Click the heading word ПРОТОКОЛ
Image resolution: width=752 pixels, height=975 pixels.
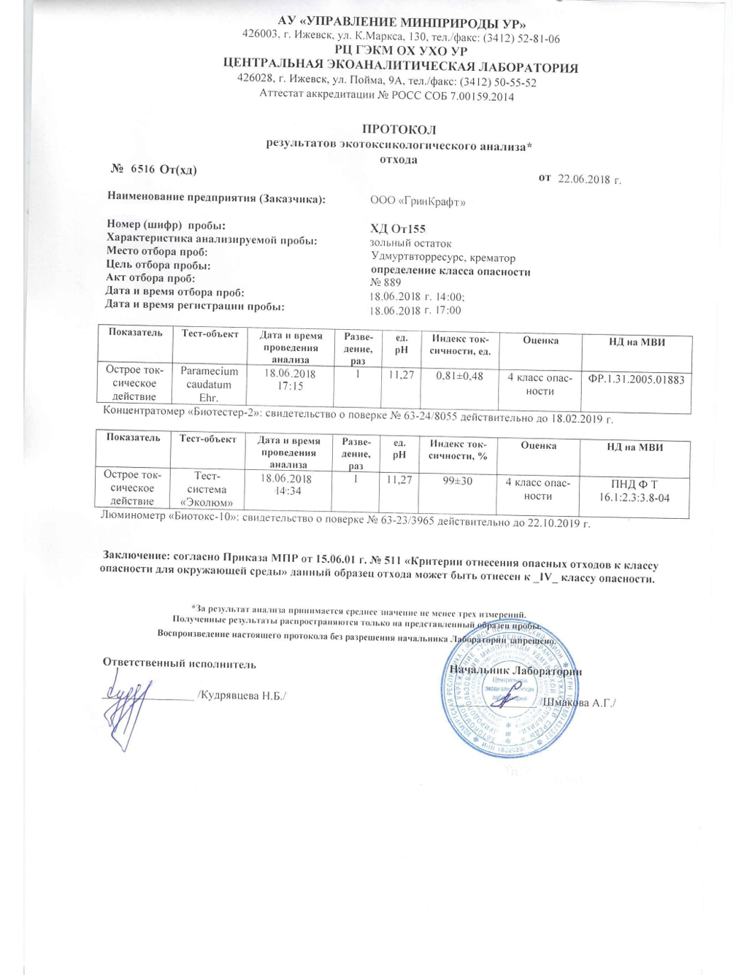tap(399, 130)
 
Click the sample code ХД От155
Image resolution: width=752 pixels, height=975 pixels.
tap(398, 228)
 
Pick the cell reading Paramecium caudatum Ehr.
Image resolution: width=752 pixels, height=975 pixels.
tap(209, 384)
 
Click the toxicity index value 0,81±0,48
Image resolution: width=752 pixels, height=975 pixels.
tap(459, 376)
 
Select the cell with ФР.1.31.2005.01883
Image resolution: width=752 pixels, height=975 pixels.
tap(636, 379)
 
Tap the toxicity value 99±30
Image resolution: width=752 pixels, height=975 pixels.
tap(458, 481)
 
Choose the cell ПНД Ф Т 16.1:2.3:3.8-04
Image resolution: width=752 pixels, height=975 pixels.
tap(634, 490)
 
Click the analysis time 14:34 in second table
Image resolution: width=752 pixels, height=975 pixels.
tap(288, 491)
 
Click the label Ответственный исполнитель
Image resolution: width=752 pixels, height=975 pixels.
tap(179, 663)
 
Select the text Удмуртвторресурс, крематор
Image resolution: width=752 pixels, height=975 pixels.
tap(442, 258)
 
